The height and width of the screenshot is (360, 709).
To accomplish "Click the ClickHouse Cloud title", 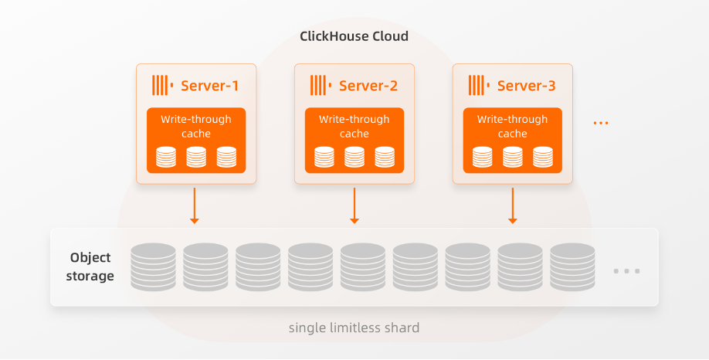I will click(354, 36).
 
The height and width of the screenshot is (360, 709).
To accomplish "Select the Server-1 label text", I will click(209, 86).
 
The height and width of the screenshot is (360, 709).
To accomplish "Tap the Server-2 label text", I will click(368, 86).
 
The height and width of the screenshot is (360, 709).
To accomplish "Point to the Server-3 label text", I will click(526, 86).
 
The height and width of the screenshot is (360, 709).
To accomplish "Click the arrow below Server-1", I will click(195, 205).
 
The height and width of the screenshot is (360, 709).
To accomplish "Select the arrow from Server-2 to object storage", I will click(354, 205).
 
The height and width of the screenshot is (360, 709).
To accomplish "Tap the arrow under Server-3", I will click(513, 205).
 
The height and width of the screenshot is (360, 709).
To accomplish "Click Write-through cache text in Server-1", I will click(196, 127).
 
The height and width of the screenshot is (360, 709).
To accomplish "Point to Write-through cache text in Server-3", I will click(512, 127).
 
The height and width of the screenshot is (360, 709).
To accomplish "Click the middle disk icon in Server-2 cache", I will click(354, 157).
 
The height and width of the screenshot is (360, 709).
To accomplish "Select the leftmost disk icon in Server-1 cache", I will click(166, 157).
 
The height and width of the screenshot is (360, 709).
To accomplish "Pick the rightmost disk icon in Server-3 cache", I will click(543, 157).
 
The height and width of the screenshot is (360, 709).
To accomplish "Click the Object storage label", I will click(90, 267).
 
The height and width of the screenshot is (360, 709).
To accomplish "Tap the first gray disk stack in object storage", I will click(153, 267).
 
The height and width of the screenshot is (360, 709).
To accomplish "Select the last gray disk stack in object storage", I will click(572, 267).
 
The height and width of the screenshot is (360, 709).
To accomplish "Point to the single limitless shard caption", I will click(354, 328).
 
